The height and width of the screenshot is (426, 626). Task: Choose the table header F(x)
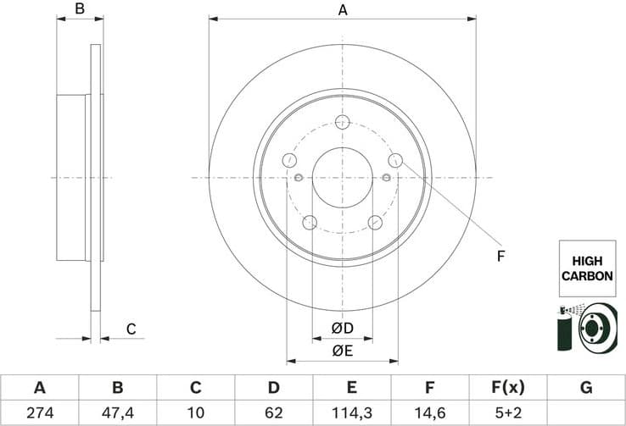507,388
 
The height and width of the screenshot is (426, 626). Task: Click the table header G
585,388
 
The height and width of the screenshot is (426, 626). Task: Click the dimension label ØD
342,328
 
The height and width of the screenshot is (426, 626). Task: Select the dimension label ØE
342,350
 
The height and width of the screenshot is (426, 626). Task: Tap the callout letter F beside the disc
500,255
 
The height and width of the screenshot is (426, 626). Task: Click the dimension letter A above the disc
342,10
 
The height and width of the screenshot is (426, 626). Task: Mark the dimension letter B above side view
80,10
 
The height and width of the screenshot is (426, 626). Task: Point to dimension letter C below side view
131,329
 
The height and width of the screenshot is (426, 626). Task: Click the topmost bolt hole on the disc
342,121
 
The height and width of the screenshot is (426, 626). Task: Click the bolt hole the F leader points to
394,160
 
